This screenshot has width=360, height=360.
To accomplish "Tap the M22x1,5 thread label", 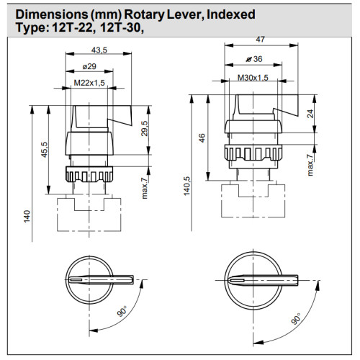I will [x=89, y=84].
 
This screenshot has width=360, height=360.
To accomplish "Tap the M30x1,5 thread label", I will [x=253, y=77].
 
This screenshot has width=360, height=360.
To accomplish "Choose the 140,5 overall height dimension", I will [x=187, y=186].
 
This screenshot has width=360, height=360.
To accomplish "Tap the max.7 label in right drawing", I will [x=310, y=165].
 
